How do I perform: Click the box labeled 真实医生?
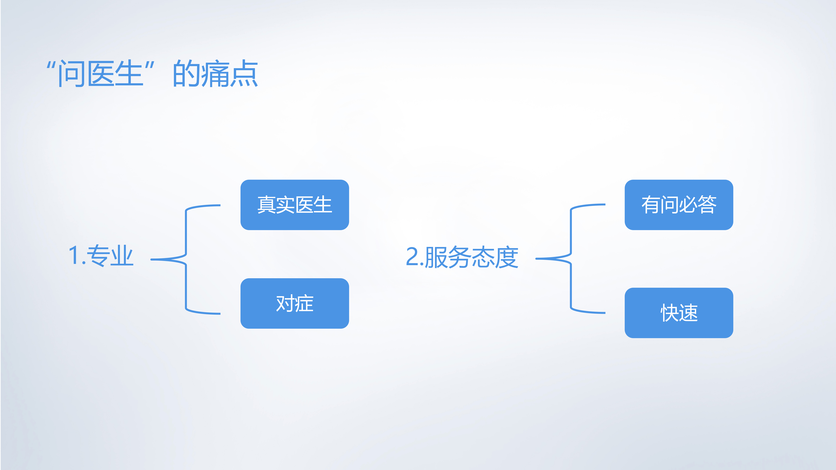[294, 205]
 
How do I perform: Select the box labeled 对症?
[294, 303]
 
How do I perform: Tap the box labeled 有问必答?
[679, 205]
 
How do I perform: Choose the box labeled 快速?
[679, 313]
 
